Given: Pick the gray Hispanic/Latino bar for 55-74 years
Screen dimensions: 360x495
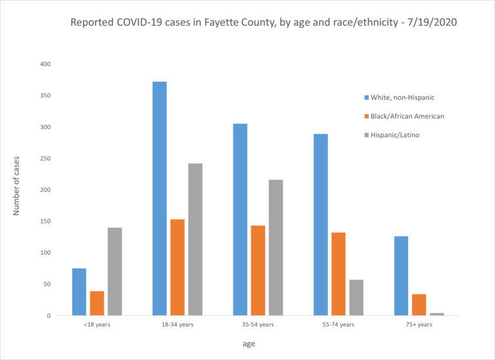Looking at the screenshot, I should coord(356,297).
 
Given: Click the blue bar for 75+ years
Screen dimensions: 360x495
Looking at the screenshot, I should coord(401,275).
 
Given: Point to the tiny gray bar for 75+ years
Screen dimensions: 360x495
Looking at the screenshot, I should coord(437,314).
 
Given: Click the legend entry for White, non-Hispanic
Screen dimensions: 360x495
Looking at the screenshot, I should coord(399,97).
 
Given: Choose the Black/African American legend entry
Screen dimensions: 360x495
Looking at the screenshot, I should coord(404,115).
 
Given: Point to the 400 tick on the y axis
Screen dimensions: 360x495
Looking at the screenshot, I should coord(44,65).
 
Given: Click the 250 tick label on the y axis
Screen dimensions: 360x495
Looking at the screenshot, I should coord(44,159).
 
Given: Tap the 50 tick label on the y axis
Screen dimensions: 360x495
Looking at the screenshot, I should coord(46,285).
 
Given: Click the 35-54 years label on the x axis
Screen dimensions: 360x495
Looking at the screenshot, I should coord(257,325).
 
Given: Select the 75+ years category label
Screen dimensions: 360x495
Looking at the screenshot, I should coord(418,325).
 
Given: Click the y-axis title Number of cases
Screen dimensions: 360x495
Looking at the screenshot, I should coord(17,185).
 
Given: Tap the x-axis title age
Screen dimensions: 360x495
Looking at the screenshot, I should coord(249,344).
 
